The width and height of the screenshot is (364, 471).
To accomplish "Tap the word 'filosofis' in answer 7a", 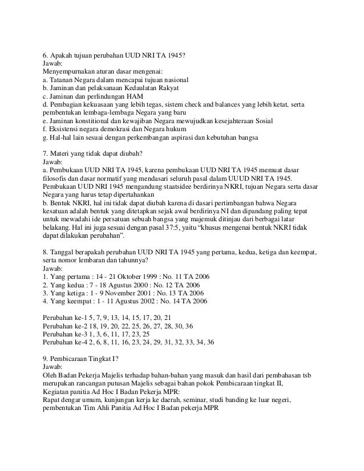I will click(x=56, y=179).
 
